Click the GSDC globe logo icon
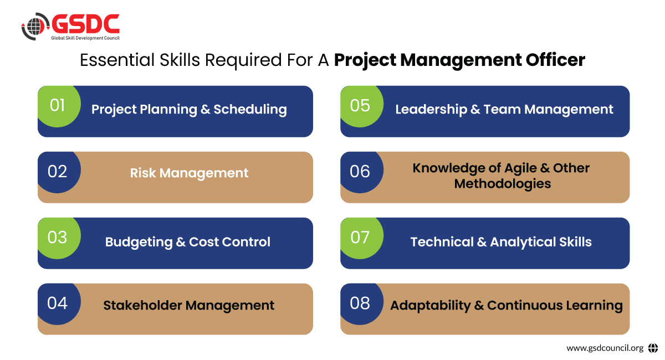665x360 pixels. tap(35, 27)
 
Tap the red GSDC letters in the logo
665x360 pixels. tap(85, 24)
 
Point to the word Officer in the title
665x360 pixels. tap(555, 60)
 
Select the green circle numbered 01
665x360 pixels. tap(59, 106)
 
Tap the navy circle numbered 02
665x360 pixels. tap(59, 172)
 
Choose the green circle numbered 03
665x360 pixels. tap(59, 238)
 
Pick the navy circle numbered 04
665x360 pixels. tap(59, 304)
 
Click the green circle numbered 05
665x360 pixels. tap(361, 106)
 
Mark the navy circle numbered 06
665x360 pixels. tap(361, 172)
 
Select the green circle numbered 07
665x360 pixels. tap(361, 238)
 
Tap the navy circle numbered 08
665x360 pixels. tap(361, 304)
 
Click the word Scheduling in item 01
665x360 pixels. tap(250, 110)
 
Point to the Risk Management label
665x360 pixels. tap(189, 173)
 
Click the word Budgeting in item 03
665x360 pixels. tap(139, 243)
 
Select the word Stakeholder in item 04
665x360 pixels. tap(142, 305)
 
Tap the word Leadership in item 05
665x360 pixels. tap(431, 110)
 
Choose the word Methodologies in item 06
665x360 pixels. tap(502, 184)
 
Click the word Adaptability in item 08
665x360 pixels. tap(430, 306)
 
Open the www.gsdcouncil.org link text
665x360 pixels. tap(605, 348)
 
